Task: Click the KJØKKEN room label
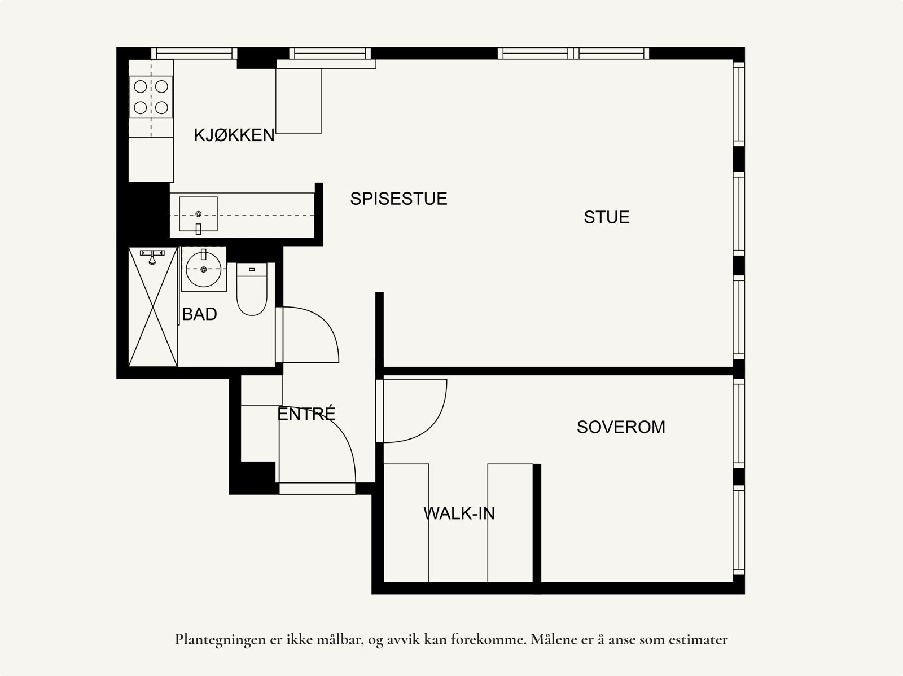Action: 234,135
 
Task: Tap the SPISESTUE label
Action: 398,199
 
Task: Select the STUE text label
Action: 606,217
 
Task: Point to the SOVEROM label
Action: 621,427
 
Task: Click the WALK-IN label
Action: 459,513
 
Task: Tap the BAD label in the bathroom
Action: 199,314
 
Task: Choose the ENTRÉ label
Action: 306,414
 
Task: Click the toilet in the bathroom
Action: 251,291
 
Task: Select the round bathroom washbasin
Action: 203,269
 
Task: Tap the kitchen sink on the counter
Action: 198,214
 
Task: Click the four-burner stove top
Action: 151,96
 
